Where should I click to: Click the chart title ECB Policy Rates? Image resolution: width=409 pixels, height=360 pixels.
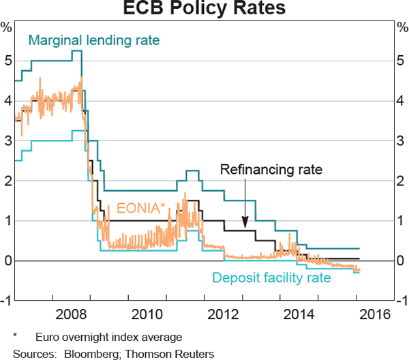[x=204, y=10]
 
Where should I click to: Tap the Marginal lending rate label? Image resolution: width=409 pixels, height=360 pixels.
[x=93, y=41]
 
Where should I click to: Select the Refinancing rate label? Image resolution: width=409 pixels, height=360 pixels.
[x=271, y=170]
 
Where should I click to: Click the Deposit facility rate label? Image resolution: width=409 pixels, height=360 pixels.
[x=271, y=277]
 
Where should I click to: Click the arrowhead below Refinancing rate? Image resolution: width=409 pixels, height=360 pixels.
[x=245, y=224]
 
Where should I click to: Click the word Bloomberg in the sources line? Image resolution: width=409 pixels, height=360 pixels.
[x=92, y=353]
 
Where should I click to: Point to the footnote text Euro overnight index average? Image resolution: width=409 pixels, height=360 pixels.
[x=109, y=337]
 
